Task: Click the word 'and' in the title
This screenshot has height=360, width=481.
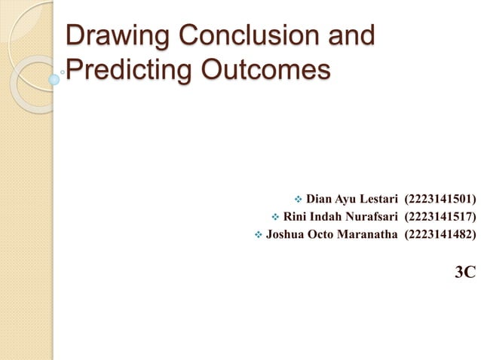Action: [x=349, y=36]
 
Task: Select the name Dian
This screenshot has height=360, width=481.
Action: [x=320, y=200]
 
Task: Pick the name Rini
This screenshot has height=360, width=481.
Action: [x=296, y=218]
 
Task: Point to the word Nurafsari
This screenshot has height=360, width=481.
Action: [x=370, y=218]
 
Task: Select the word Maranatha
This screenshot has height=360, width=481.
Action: [x=366, y=236]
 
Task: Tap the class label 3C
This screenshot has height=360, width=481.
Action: [x=465, y=272]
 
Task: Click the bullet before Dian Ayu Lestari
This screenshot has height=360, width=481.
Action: [x=296, y=200]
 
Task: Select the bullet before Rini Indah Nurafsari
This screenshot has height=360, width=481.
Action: [x=274, y=218]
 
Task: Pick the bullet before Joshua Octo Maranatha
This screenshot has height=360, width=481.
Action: [x=258, y=236]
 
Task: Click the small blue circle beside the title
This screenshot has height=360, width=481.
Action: [x=54, y=78]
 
